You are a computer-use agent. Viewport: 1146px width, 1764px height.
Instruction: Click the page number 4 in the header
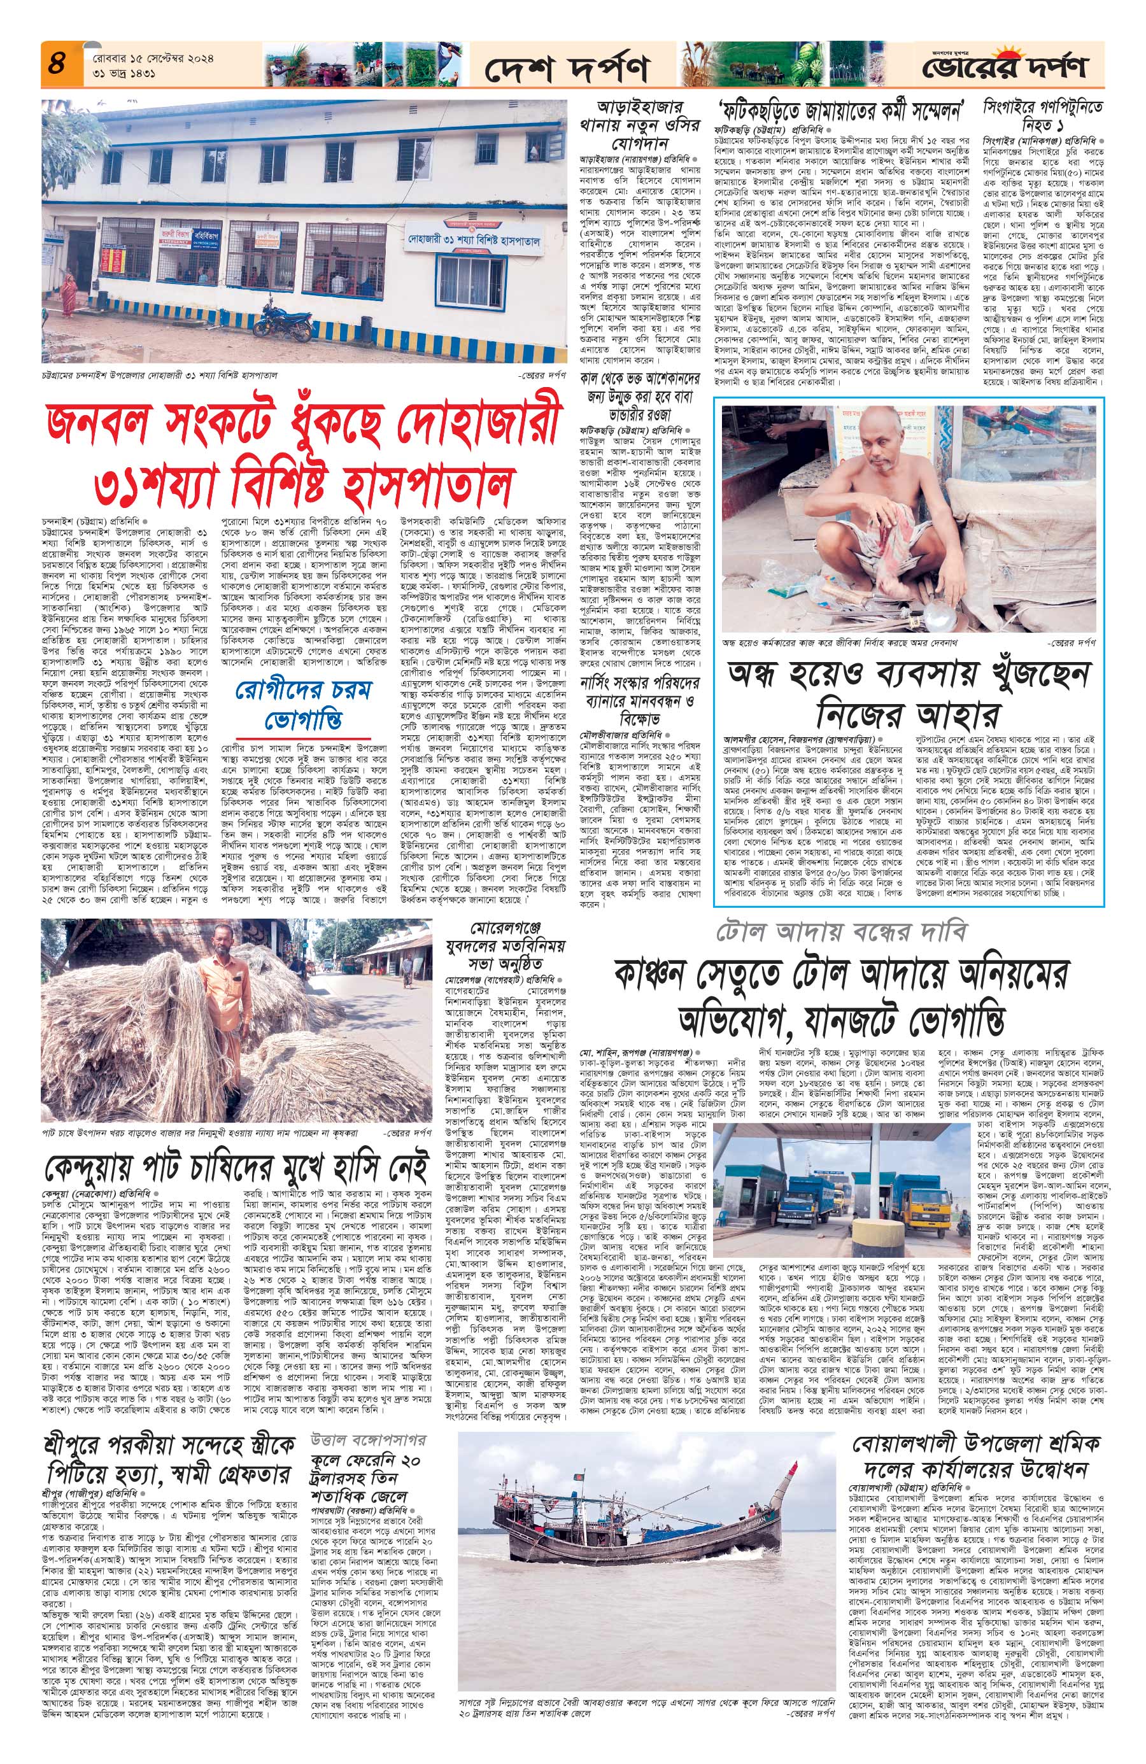tap(56, 62)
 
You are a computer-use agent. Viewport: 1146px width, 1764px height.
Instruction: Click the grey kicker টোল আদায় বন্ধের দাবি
tap(840, 933)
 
